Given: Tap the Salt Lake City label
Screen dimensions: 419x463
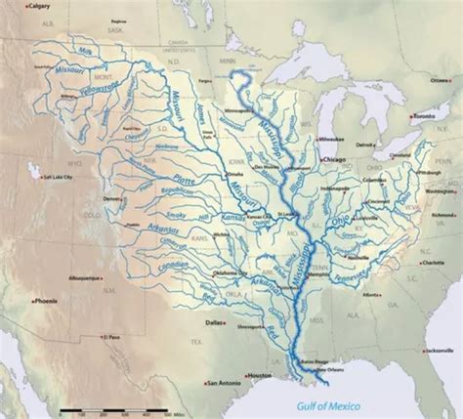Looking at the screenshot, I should (62, 178).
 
